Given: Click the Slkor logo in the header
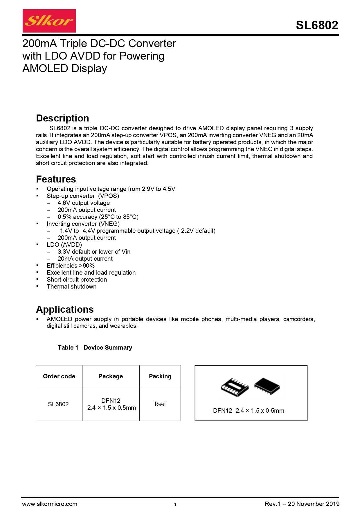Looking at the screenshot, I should click(49, 21).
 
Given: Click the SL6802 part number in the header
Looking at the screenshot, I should click(317, 25).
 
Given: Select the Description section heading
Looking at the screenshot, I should click(62, 118).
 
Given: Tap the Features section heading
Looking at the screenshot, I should click(56, 179).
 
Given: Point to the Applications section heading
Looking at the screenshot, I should click(65, 309).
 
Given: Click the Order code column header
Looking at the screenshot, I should click(59, 376).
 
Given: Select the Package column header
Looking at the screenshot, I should click(111, 376).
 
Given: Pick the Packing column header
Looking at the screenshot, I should click(160, 376).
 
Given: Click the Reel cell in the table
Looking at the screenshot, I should click(160, 404).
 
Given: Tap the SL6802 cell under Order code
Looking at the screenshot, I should click(58, 404).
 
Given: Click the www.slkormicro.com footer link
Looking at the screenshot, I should click(50, 504).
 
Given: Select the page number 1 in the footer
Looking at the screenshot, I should click(175, 504).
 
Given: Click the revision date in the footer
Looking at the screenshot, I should click(302, 504).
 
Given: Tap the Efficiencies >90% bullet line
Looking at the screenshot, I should click(71, 266).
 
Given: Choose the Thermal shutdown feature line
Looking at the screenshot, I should click(71, 287).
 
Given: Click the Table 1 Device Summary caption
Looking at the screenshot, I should click(95, 348).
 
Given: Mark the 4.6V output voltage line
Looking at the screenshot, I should click(84, 203).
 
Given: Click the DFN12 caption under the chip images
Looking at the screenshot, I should click(249, 411).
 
